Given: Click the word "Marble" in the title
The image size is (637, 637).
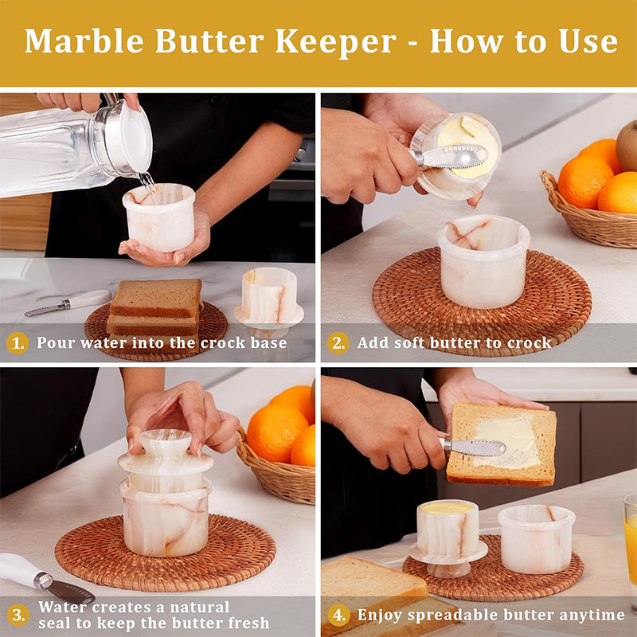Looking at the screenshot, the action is tap(84, 41).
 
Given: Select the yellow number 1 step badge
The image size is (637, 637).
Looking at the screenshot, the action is tap(18, 343).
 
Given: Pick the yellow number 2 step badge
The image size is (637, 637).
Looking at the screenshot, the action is tap(338, 343).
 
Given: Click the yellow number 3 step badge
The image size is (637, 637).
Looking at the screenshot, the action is tap(18, 615).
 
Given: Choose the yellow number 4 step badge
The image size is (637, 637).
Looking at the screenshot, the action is tap(338, 615).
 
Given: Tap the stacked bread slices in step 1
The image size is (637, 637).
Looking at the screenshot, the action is tap(154, 307).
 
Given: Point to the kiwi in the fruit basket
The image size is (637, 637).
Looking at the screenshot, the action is tap(627, 145).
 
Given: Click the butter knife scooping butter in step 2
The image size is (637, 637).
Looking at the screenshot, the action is tap(448, 157).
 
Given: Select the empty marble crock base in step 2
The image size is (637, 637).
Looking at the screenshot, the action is tap(483, 261).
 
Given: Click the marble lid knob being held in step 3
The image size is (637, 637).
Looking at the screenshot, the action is tap(166, 443).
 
